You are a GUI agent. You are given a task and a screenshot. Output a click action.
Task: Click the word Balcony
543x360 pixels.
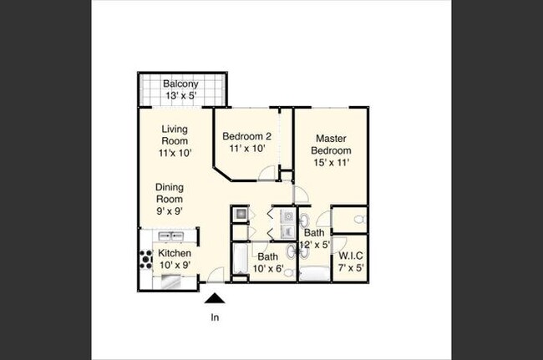pyautogui.click(x=180, y=84)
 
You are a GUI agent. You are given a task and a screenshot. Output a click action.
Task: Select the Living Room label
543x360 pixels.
pyautogui.click(x=175, y=135)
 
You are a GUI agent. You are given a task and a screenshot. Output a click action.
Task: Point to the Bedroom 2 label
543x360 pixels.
pyautogui.click(x=246, y=136)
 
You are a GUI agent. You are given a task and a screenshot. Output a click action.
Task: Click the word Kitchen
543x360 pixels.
pyautogui.click(x=175, y=253)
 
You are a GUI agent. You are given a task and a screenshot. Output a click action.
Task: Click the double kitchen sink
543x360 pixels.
pyautogui.click(x=171, y=236)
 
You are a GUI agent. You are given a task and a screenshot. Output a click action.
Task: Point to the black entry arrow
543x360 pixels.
pyautogui.click(x=215, y=297)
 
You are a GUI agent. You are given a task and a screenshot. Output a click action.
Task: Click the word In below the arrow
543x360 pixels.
pyautogui.click(x=215, y=317)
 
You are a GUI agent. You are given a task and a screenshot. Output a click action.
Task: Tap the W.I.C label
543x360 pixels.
pyautogui.click(x=351, y=254)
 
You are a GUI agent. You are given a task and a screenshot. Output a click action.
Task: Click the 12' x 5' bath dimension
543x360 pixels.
pyautogui.click(x=317, y=246)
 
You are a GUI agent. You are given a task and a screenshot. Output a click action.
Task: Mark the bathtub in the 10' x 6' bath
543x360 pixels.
pyautogui.click(x=239, y=261)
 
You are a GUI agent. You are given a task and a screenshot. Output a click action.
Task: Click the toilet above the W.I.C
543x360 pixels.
pyautogui.click(x=357, y=220)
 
